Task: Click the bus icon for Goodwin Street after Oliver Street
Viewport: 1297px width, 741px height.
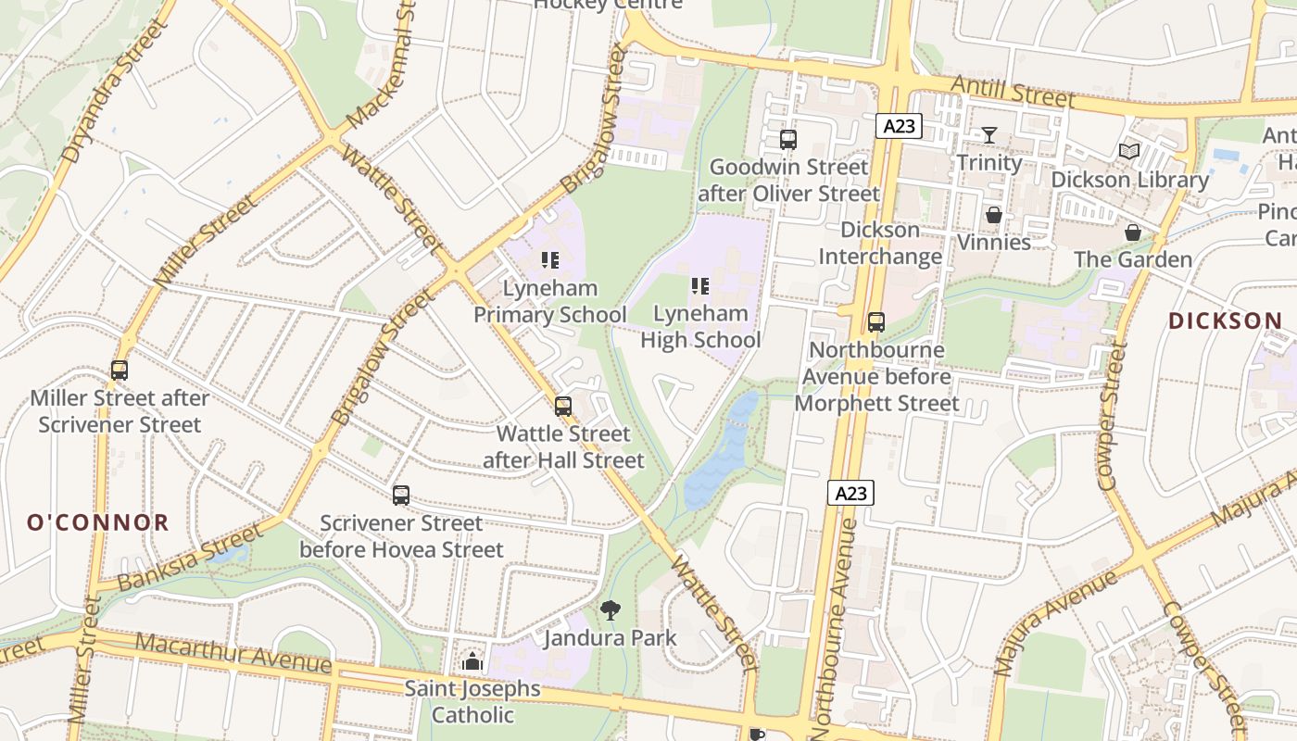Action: (x=788, y=140)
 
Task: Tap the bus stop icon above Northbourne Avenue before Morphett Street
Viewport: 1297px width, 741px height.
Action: (x=875, y=322)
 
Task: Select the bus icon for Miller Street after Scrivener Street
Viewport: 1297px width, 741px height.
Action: (x=120, y=370)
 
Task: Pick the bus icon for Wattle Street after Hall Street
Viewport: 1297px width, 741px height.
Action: (x=562, y=406)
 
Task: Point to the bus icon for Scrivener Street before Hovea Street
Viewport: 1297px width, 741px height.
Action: (x=400, y=496)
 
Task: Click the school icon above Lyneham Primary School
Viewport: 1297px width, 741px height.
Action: (x=550, y=260)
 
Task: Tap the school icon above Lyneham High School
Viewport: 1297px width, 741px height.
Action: (x=700, y=286)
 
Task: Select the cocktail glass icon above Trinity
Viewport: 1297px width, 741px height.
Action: (x=988, y=135)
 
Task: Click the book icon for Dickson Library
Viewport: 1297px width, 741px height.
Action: (x=1128, y=151)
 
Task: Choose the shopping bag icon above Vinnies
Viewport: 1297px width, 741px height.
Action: (x=993, y=215)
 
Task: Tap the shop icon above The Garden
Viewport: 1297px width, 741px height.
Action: (x=1132, y=232)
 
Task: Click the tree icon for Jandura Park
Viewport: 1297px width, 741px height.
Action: (x=610, y=609)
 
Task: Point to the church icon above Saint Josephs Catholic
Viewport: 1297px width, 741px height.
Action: (x=472, y=661)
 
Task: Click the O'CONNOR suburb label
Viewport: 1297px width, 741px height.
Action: (x=98, y=522)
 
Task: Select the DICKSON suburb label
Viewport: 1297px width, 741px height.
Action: (x=1225, y=321)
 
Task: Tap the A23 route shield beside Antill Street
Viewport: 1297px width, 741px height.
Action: (x=898, y=126)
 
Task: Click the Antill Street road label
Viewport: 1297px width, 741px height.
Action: (x=1015, y=93)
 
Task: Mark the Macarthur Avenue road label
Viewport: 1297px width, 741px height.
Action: (x=233, y=654)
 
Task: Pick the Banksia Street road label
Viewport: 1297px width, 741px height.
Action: (x=190, y=557)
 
